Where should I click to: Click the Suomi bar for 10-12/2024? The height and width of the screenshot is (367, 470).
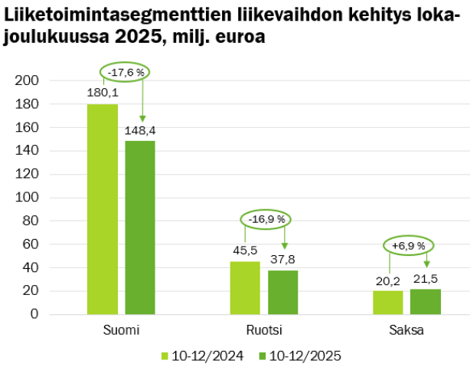click(x=103, y=208)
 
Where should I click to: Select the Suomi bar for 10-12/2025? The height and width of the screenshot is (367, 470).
click(x=140, y=227)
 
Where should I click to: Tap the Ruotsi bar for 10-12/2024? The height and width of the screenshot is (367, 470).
click(x=245, y=287)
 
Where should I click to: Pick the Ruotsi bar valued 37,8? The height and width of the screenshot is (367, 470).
click(x=282, y=292)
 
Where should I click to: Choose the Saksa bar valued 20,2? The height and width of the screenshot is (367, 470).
click(x=388, y=302)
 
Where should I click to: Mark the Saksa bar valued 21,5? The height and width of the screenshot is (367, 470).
click(x=426, y=301)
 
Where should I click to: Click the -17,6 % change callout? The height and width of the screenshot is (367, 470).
click(x=125, y=72)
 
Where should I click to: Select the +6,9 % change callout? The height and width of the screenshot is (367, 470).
click(x=409, y=246)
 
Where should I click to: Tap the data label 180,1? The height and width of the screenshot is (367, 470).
click(x=102, y=93)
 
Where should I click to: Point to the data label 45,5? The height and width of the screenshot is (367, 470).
click(x=244, y=251)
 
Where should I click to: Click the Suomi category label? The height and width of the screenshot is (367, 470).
click(x=121, y=331)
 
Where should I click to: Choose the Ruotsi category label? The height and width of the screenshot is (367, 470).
click(x=263, y=331)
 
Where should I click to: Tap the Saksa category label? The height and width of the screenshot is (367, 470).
click(x=406, y=331)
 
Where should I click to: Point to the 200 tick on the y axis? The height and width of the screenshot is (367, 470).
click(x=38, y=80)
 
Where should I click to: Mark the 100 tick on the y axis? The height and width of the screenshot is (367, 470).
click(x=38, y=197)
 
